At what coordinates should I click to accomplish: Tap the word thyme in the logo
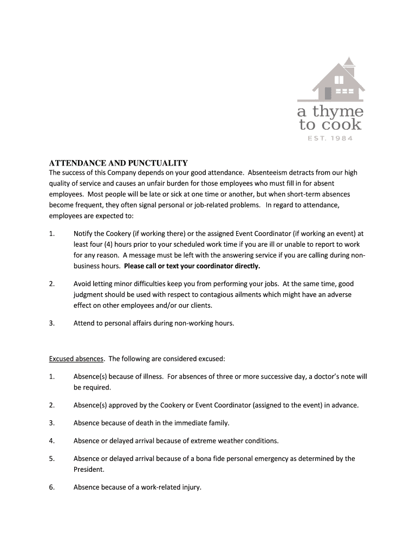(x=338, y=112)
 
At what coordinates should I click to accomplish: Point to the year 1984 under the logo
(x=341, y=138)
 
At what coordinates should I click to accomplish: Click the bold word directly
(x=244, y=266)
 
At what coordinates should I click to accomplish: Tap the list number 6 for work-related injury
(x=51, y=487)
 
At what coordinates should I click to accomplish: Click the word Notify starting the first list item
(x=84, y=234)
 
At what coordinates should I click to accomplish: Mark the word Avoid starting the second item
(x=83, y=283)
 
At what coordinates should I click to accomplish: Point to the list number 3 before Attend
(x=51, y=323)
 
